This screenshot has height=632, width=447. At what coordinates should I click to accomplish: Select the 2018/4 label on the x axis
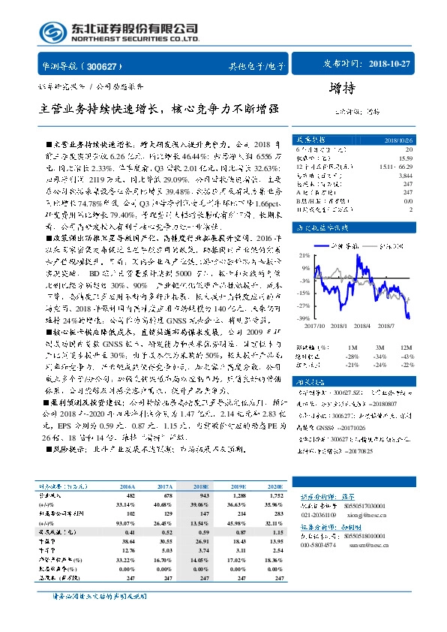(x=365, y=326)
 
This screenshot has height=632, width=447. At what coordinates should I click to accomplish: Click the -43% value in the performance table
(x=407, y=355)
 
